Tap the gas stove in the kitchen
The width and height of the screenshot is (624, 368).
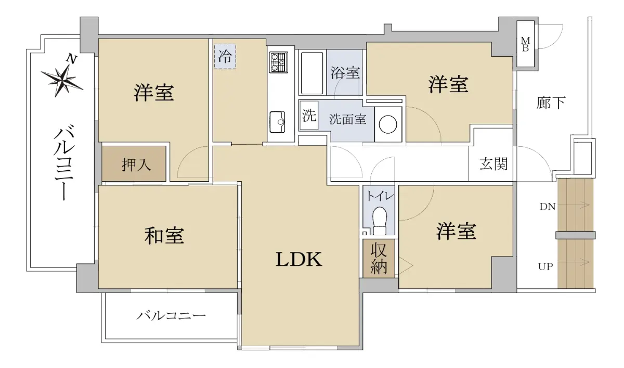(x=279, y=62)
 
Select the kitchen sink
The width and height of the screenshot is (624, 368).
(x=278, y=122)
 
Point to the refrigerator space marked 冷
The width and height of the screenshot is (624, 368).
(x=225, y=56)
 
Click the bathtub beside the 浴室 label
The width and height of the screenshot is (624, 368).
(x=312, y=73)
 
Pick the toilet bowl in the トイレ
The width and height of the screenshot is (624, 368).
(x=380, y=220)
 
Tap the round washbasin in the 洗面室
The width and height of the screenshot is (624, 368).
(x=388, y=124)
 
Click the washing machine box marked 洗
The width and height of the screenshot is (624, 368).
(x=309, y=115)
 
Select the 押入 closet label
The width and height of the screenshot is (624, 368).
(x=136, y=164)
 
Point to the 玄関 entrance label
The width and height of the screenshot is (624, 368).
(x=493, y=163)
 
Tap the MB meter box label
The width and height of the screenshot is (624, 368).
(x=525, y=44)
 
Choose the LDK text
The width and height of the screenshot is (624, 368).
(x=299, y=259)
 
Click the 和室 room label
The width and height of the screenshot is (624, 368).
(x=164, y=236)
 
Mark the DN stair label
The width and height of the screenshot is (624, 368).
(x=548, y=207)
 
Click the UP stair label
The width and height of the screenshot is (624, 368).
(x=545, y=267)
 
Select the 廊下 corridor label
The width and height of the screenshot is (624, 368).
(x=551, y=103)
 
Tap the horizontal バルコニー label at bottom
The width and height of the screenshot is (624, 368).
(x=171, y=316)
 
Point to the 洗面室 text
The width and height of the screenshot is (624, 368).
(x=348, y=119)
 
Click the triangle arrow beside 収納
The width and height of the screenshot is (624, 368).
(x=405, y=265)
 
